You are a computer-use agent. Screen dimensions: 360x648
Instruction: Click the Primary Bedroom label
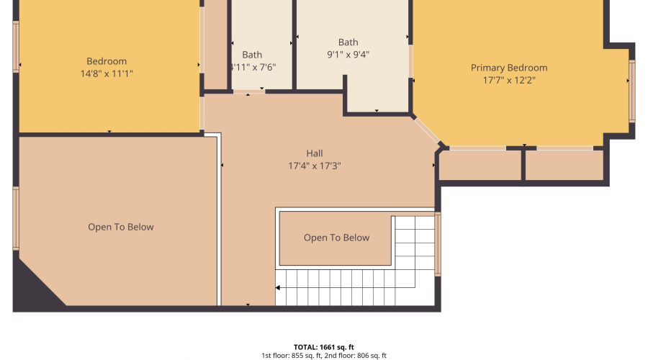[509, 68]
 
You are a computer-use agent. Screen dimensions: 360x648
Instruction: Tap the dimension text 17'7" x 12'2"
[509, 80]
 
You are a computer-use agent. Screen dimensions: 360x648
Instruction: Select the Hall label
[315, 153]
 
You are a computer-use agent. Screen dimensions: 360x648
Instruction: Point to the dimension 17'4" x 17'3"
[315, 166]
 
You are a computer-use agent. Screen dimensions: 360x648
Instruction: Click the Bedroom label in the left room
[107, 61]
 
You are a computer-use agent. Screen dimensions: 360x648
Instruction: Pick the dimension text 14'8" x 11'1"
[107, 73]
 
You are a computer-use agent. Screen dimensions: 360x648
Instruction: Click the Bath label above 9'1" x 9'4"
[348, 42]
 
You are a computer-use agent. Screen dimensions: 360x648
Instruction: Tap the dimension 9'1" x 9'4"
[348, 54]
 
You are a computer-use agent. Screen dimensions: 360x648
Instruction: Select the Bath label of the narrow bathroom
[252, 55]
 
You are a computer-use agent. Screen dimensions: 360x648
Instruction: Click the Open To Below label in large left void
[121, 227]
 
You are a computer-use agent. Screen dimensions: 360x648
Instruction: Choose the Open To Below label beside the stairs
[336, 238]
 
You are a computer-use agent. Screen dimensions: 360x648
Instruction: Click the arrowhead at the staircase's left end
[279, 287]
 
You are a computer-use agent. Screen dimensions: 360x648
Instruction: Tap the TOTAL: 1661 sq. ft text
[323, 347]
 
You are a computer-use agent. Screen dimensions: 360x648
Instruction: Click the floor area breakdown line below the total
[323, 356]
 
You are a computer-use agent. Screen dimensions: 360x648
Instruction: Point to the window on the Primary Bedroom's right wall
[632, 91]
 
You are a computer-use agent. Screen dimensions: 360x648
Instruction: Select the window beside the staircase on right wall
[437, 244]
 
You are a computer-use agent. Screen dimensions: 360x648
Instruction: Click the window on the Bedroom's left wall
[16, 47]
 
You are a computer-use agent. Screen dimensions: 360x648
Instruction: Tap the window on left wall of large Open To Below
[16, 218]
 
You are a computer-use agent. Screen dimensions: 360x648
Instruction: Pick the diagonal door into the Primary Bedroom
[426, 132]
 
